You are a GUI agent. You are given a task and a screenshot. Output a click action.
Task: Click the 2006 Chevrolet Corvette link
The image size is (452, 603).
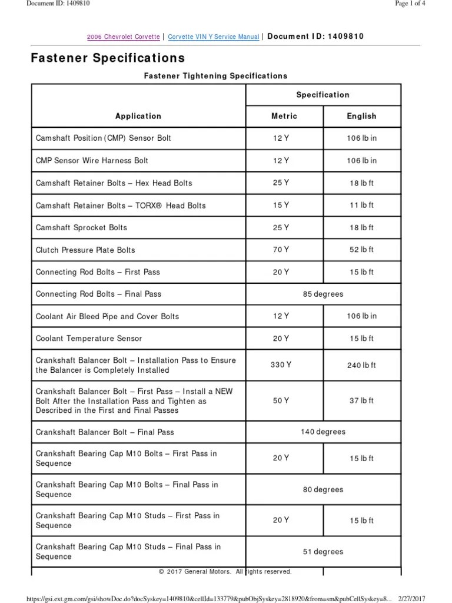(123, 37)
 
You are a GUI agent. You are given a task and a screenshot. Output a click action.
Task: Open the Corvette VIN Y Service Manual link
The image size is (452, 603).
(214, 37)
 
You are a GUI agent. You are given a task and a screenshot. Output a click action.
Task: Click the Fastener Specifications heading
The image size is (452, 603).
(108, 58)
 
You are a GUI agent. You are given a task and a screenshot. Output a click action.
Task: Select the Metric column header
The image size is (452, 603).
(284, 116)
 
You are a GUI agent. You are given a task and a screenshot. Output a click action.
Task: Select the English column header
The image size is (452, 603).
(361, 116)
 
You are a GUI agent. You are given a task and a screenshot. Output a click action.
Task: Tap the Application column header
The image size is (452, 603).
(138, 116)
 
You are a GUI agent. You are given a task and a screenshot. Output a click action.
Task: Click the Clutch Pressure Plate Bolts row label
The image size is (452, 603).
(85, 250)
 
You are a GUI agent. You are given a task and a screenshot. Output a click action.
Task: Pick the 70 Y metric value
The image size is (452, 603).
(281, 250)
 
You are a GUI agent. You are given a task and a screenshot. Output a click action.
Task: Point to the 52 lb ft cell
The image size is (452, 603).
(361, 250)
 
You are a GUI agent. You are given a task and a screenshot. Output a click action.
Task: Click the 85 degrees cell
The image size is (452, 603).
(323, 294)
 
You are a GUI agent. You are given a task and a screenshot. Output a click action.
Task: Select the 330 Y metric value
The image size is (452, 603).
(281, 365)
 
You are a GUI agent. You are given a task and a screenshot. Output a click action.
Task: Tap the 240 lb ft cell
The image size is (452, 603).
(361, 365)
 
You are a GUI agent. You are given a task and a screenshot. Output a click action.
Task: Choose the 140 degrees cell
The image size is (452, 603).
(323, 432)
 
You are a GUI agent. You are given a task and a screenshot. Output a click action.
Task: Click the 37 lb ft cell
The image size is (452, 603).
(361, 400)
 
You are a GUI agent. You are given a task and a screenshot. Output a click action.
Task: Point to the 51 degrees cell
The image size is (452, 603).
(323, 552)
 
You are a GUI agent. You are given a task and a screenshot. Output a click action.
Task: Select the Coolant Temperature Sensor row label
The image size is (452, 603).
(89, 339)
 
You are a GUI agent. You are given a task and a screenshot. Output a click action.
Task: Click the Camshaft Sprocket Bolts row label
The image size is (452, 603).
(81, 227)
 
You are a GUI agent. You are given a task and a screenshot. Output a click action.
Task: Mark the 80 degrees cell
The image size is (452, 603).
(323, 489)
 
